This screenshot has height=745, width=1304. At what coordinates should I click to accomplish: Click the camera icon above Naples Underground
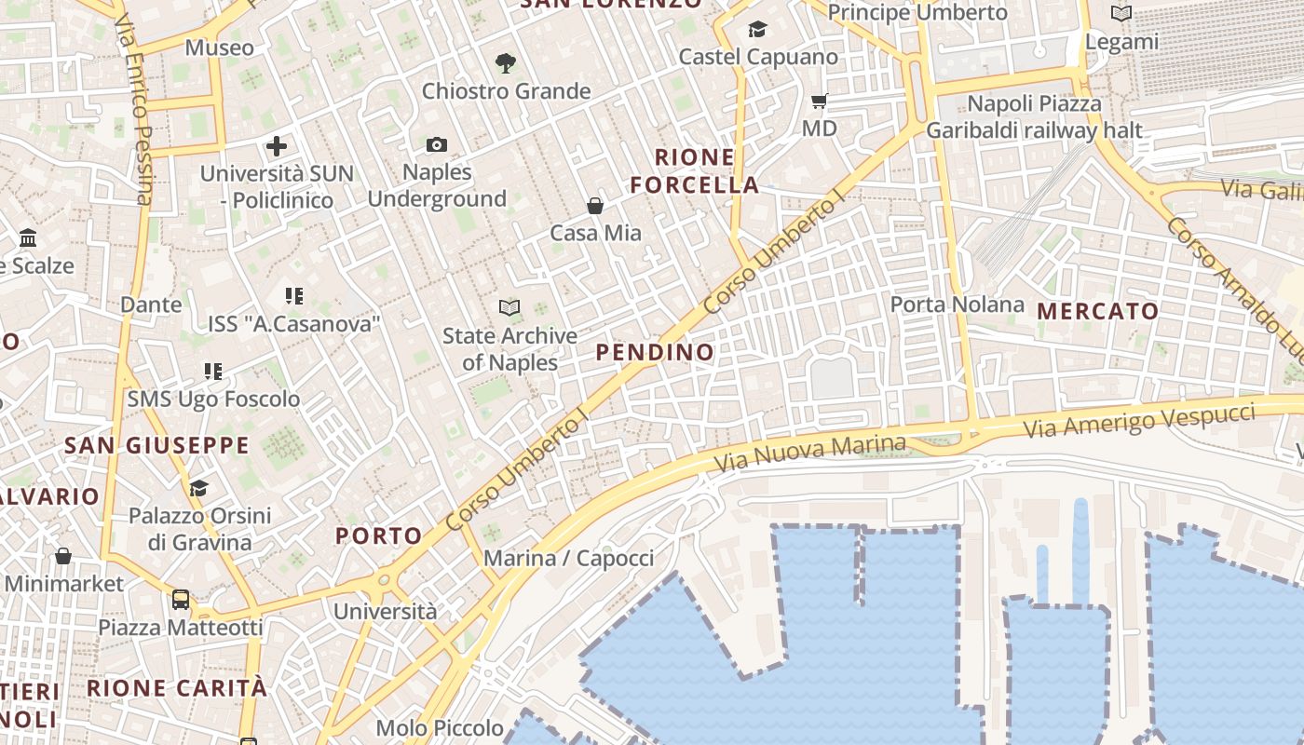coord(436,144)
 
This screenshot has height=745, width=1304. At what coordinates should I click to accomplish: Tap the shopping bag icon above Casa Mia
coord(595,206)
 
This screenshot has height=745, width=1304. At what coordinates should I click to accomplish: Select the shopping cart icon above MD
coord(819,101)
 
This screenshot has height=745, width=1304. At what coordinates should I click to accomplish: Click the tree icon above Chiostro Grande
coord(506,63)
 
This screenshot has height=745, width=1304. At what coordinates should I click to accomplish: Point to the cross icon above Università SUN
coord(276,146)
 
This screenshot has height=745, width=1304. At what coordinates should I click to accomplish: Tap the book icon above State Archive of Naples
coord(509,307)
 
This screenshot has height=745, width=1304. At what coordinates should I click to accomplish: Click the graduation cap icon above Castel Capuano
coord(757,30)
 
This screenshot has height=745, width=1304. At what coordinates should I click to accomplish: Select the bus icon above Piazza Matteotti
coord(181,600)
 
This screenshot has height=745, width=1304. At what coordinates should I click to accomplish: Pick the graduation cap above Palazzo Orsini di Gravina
coord(198,488)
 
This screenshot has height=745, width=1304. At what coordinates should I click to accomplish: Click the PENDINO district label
coord(655,352)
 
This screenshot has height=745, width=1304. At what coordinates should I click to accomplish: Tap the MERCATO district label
coord(1098,311)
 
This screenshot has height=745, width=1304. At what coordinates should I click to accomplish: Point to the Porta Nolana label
coord(957,305)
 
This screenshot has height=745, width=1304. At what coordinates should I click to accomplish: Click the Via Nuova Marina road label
coord(809,454)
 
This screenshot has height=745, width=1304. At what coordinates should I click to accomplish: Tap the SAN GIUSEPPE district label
coord(156,445)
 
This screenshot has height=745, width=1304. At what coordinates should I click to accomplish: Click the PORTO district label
coord(379,535)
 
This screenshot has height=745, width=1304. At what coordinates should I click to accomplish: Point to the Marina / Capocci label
coord(568,559)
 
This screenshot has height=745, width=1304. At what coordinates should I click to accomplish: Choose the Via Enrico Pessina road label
coord(134,107)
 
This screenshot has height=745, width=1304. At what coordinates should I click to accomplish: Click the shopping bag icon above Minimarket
coord(62,556)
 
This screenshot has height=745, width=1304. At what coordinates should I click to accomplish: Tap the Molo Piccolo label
coord(440,728)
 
